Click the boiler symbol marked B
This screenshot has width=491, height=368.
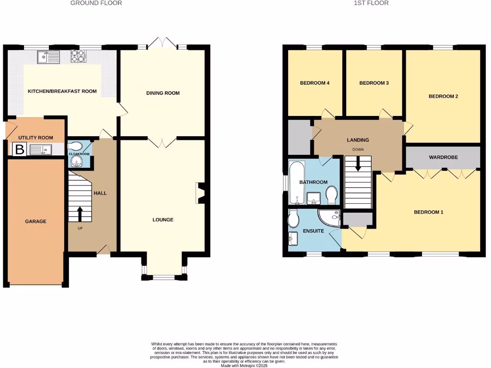[19, 149]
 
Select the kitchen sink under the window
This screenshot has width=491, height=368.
[47, 57]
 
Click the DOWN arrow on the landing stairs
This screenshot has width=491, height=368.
[358, 165]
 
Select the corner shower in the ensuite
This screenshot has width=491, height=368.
[331, 218]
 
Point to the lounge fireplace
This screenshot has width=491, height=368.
[200, 194]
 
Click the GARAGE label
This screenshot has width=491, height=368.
[36, 221]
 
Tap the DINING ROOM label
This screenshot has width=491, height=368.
[163, 93]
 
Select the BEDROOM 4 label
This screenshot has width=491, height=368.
[315, 83]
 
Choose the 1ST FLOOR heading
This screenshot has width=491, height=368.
[371, 3]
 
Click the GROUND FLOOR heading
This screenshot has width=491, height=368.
[96, 3]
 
